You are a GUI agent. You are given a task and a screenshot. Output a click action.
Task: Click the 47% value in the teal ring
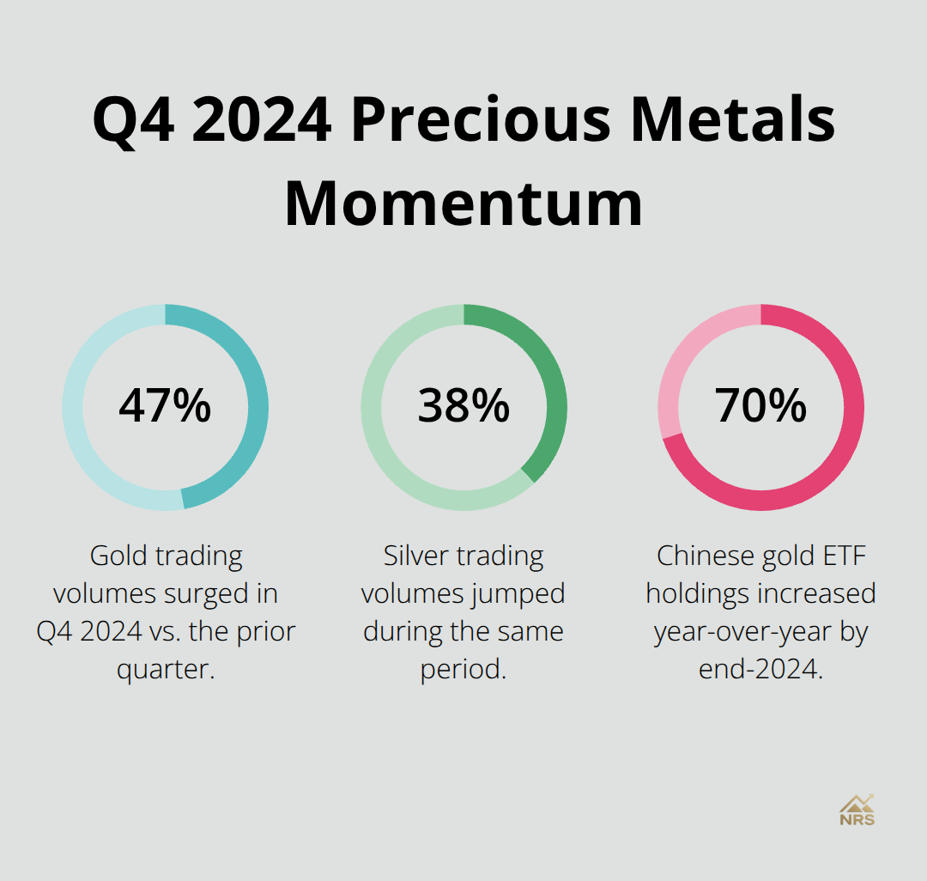point(165,406)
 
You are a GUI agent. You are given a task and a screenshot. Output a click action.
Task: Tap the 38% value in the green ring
point(463,406)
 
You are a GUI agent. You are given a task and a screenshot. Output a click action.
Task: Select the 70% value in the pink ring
point(760,406)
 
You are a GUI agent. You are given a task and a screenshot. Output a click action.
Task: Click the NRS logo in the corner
point(857,810)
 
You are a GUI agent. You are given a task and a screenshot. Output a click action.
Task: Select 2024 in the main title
point(261,119)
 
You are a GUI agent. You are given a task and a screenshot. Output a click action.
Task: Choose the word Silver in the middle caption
point(415,556)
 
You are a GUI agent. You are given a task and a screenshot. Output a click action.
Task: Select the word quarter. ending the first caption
point(165,669)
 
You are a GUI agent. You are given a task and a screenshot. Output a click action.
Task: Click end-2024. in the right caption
point(760,669)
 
